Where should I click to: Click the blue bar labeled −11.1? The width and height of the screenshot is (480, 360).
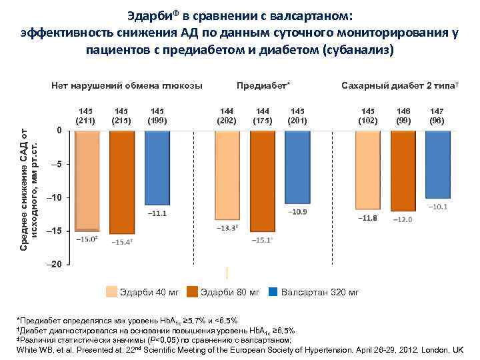click(x=157, y=167)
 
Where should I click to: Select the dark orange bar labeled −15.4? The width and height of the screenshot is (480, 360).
click(x=122, y=182)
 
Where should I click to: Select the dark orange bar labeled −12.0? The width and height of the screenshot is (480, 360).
click(x=403, y=171)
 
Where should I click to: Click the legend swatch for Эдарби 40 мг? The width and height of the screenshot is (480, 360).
click(x=113, y=292)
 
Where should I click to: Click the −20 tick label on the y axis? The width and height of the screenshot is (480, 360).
click(x=55, y=265)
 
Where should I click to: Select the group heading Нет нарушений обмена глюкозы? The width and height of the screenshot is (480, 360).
click(x=127, y=87)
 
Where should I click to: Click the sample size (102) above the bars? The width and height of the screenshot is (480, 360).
click(x=367, y=120)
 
